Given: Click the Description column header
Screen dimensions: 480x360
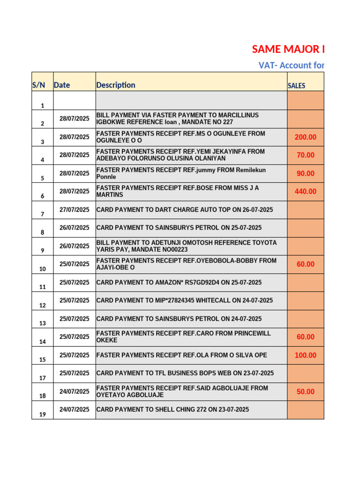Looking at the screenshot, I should tap(116, 85).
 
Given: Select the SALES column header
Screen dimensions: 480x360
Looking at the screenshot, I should tap(296, 86).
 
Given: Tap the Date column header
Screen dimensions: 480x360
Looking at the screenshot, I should tap(62, 85).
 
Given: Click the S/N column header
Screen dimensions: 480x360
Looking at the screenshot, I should tap(39, 85).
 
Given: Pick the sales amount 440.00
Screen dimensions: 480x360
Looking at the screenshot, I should tap(305, 191).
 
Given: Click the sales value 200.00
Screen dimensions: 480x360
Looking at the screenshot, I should tap(305, 137).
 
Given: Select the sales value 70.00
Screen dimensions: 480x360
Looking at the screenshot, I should tap(305, 155).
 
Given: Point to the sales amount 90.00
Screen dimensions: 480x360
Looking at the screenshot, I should tap(305, 173).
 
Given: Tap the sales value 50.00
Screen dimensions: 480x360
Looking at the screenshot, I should tap(305, 391).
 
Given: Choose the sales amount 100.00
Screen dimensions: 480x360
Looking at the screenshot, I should tap(305, 355).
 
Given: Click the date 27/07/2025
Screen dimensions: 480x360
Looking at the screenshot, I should tap(74, 210).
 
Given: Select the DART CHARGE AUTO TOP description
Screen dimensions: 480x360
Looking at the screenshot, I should tap(185, 210).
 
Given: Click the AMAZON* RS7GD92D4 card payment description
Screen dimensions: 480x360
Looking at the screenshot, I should tap(179, 282).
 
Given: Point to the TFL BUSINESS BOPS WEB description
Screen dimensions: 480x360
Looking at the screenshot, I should tap(185, 373).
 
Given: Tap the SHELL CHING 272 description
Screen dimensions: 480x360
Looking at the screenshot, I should tap(172, 409).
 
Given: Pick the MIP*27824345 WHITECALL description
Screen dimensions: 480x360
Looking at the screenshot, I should tap(184, 300).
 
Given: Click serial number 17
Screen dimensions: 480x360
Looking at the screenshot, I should tap(43, 378).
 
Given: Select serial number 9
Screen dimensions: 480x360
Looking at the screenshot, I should tap(43, 250).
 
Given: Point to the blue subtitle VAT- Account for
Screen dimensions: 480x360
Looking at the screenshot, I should tap(291, 65).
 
